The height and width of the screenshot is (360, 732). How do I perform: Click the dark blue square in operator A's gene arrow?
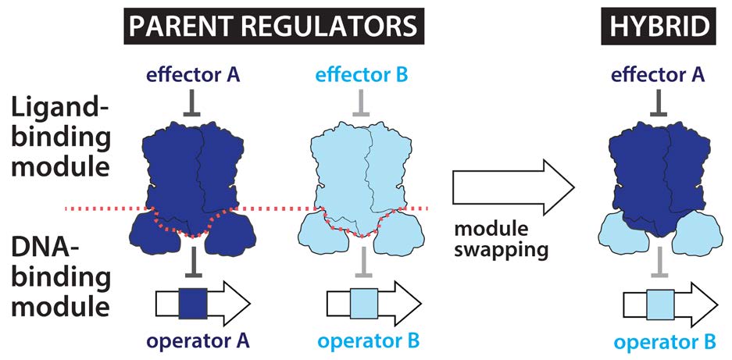192,303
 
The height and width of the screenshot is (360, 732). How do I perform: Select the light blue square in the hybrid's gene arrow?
660,305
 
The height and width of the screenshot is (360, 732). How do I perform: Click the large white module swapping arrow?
512,187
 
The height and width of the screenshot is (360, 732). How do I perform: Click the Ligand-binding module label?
61,139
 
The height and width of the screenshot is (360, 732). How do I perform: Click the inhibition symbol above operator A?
192,261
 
